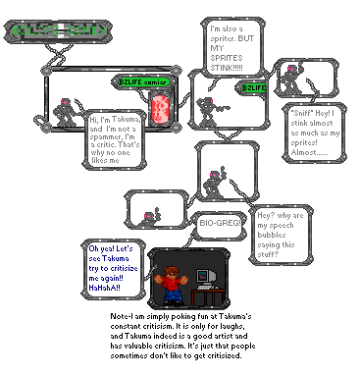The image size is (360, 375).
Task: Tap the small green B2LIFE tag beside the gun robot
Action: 254,88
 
